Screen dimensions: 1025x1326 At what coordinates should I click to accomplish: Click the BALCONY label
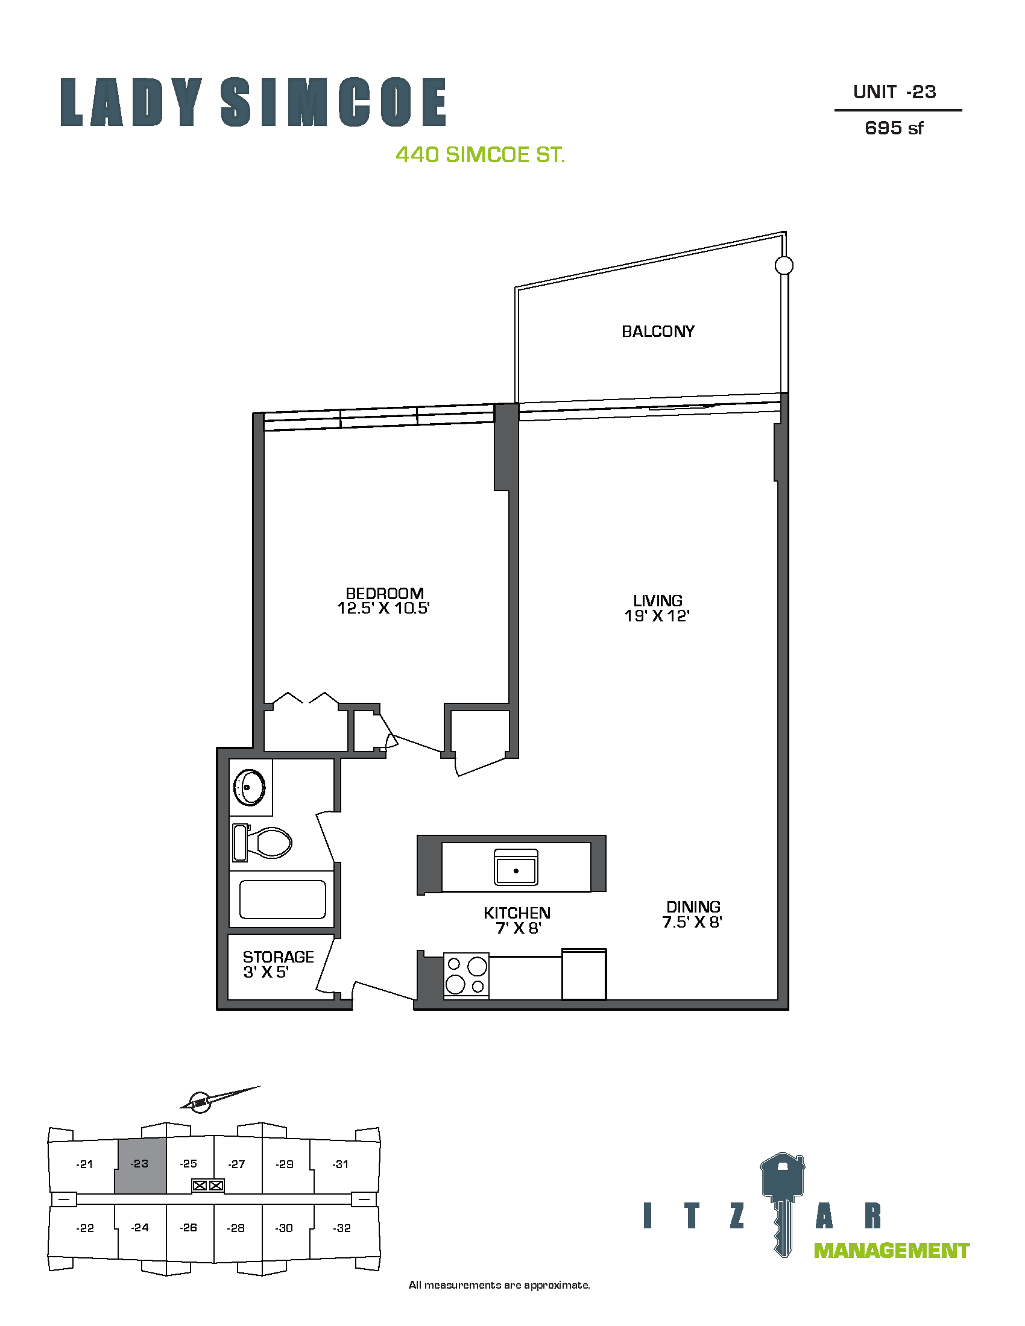click(x=658, y=331)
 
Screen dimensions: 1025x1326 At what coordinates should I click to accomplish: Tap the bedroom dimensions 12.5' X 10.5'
click(x=383, y=608)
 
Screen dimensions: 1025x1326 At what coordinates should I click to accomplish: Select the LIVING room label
click(x=658, y=600)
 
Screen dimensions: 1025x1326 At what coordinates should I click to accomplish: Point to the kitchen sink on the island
click(x=516, y=867)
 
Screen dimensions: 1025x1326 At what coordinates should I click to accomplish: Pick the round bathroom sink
click(x=249, y=788)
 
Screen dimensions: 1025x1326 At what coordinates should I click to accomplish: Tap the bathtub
click(x=282, y=899)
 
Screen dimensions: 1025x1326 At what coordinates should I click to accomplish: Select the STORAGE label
click(x=278, y=957)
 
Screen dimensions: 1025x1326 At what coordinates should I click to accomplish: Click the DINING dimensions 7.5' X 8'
click(x=692, y=922)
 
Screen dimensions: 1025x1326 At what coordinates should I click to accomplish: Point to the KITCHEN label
click(x=517, y=913)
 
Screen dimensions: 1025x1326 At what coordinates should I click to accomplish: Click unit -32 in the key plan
click(x=342, y=1228)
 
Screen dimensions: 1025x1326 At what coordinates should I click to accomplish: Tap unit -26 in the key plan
click(x=188, y=1228)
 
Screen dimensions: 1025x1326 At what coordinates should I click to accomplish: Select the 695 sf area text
click(x=894, y=128)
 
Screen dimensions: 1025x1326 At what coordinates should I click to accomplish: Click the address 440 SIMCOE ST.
click(x=481, y=155)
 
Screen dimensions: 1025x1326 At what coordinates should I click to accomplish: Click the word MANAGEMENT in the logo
click(x=891, y=1251)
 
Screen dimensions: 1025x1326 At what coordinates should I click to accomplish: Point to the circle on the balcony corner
click(x=784, y=265)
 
